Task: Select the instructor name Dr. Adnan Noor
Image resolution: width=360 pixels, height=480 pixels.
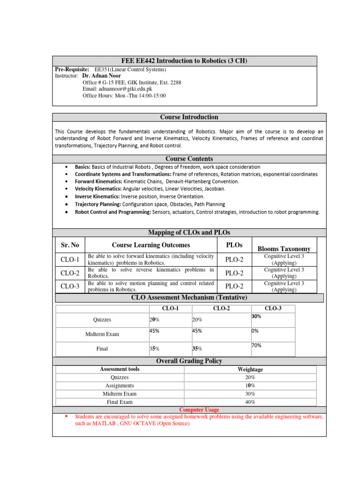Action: [101, 75]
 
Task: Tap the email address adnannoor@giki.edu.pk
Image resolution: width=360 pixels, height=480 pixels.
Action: [117, 89]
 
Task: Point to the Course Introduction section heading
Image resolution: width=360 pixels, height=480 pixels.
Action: [189, 117]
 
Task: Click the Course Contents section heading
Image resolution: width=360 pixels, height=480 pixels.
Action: [189, 159]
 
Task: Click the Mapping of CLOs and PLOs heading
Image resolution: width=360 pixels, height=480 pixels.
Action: [189, 232]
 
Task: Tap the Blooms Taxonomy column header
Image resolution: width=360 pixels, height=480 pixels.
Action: [284, 248]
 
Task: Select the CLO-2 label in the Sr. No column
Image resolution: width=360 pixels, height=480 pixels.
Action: [70, 273]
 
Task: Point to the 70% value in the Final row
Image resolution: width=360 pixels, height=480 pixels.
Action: [256, 345]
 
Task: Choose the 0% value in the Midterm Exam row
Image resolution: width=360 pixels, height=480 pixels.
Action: [255, 330]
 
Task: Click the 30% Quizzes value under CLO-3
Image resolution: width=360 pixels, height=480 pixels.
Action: [256, 316]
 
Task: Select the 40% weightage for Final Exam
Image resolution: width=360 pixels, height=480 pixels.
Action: [250, 402]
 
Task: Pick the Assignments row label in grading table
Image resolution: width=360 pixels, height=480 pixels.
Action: [120, 386]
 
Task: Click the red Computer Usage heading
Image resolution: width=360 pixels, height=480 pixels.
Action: [199, 410]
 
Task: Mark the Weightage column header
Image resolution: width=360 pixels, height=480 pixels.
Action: [250, 369]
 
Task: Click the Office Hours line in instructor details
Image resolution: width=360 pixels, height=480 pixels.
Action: [124, 96]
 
